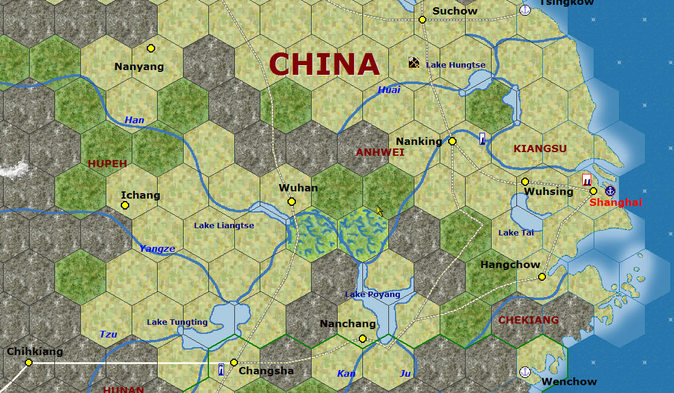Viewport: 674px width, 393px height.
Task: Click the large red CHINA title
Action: (x=324, y=64)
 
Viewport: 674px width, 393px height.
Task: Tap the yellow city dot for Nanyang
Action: (x=151, y=48)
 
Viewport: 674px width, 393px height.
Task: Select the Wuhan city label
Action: (x=298, y=188)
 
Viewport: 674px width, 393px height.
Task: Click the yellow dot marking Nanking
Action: (x=452, y=141)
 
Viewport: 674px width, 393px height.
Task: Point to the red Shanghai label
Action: (x=615, y=202)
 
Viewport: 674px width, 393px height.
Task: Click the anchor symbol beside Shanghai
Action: (x=610, y=191)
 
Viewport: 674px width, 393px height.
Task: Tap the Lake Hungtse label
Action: (x=455, y=65)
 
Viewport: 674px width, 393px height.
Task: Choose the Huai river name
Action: (x=389, y=90)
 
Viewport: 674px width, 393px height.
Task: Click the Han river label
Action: (x=134, y=120)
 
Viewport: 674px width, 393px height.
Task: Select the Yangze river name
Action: (x=157, y=248)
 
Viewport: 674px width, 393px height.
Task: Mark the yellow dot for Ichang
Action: (x=125, y=205)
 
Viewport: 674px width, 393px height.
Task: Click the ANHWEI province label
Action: (x=380, y=152)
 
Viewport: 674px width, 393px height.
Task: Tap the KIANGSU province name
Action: (x=540, y=149)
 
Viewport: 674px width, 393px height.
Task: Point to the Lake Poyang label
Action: (x=372, y=294)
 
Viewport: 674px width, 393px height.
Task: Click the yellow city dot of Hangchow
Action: (x=542, y=277)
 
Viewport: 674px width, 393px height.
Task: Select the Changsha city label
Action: (x=266, y=371)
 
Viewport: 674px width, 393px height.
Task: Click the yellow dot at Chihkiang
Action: (x=28, y=362)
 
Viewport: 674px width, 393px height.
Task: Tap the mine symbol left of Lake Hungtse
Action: (x=414, y=62)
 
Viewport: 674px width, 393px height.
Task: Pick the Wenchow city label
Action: (x=569, y=382)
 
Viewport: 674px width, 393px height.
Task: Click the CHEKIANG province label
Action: (x=528, y=320)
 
